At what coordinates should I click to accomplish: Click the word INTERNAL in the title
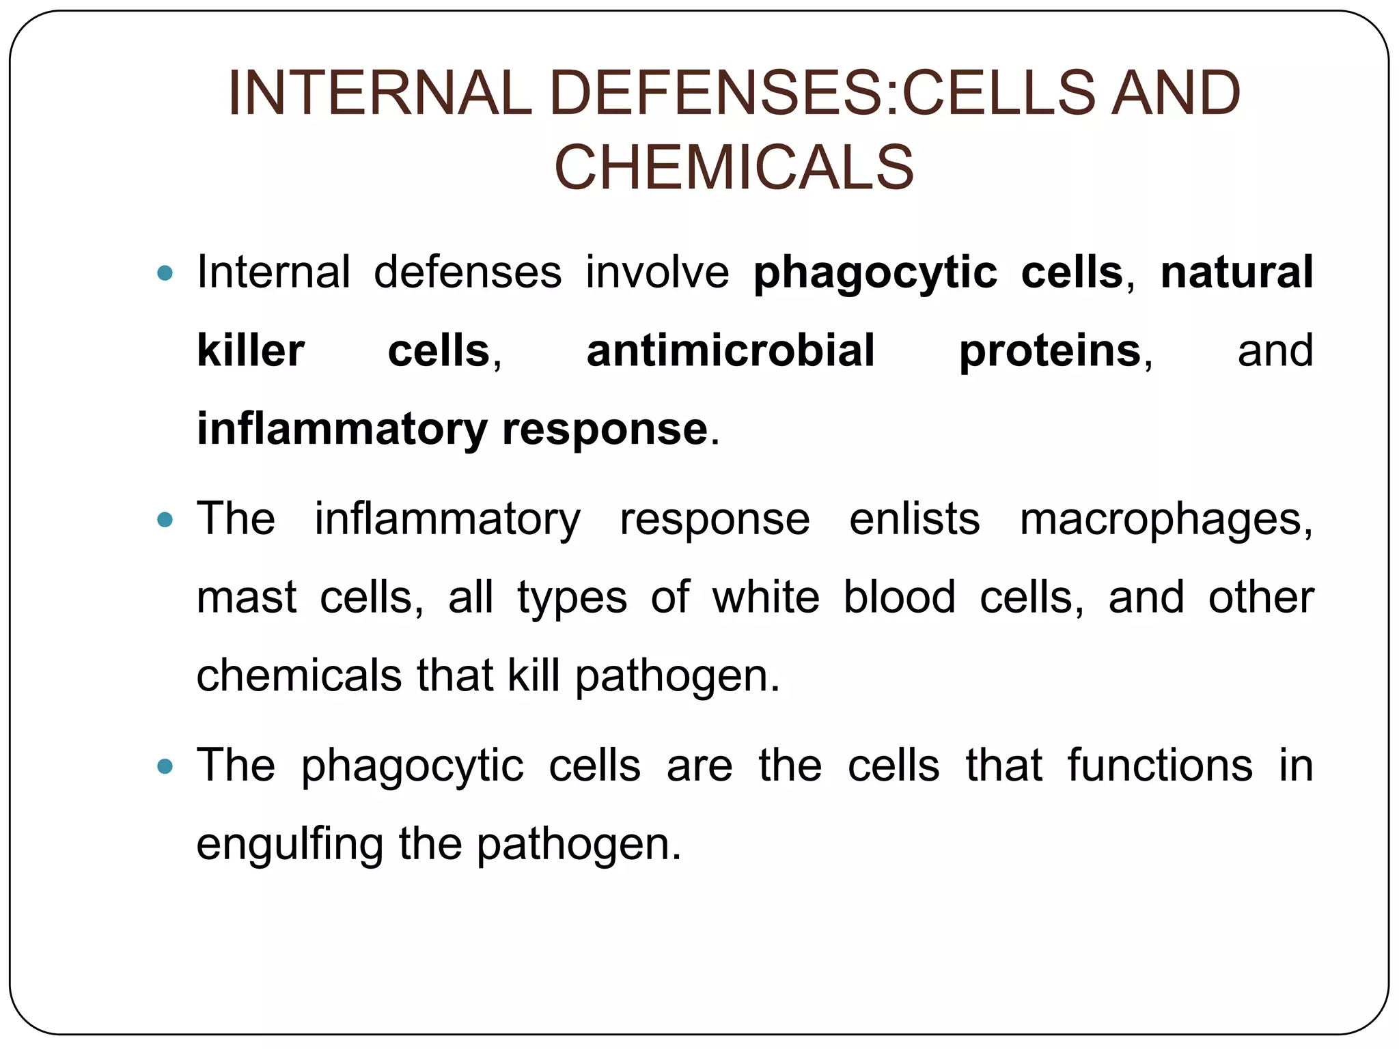tap(379, 93)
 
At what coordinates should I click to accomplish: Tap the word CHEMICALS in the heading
tap(734, 168)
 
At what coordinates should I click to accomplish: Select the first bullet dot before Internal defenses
tap(165, 273)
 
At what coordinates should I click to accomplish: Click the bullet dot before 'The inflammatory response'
tap(165, 520)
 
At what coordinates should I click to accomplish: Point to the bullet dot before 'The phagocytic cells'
tap(165, 766)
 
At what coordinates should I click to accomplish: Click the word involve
tap(657, 272)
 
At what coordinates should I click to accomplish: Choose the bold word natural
tap(1236, 272)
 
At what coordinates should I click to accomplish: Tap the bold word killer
tap(250, 350)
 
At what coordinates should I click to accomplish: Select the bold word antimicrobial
tap(730, 350)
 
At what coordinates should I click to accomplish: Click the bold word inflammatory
tap(342, 430)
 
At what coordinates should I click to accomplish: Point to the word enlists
tap(914, 519)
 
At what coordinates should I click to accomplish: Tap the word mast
tap(246, 598)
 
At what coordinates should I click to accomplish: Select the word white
tap(766, 597)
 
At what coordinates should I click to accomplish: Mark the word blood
tap(899, 597)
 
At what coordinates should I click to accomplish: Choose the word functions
tap(1160, 766)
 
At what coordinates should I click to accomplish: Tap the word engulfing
tap(290, 845)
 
